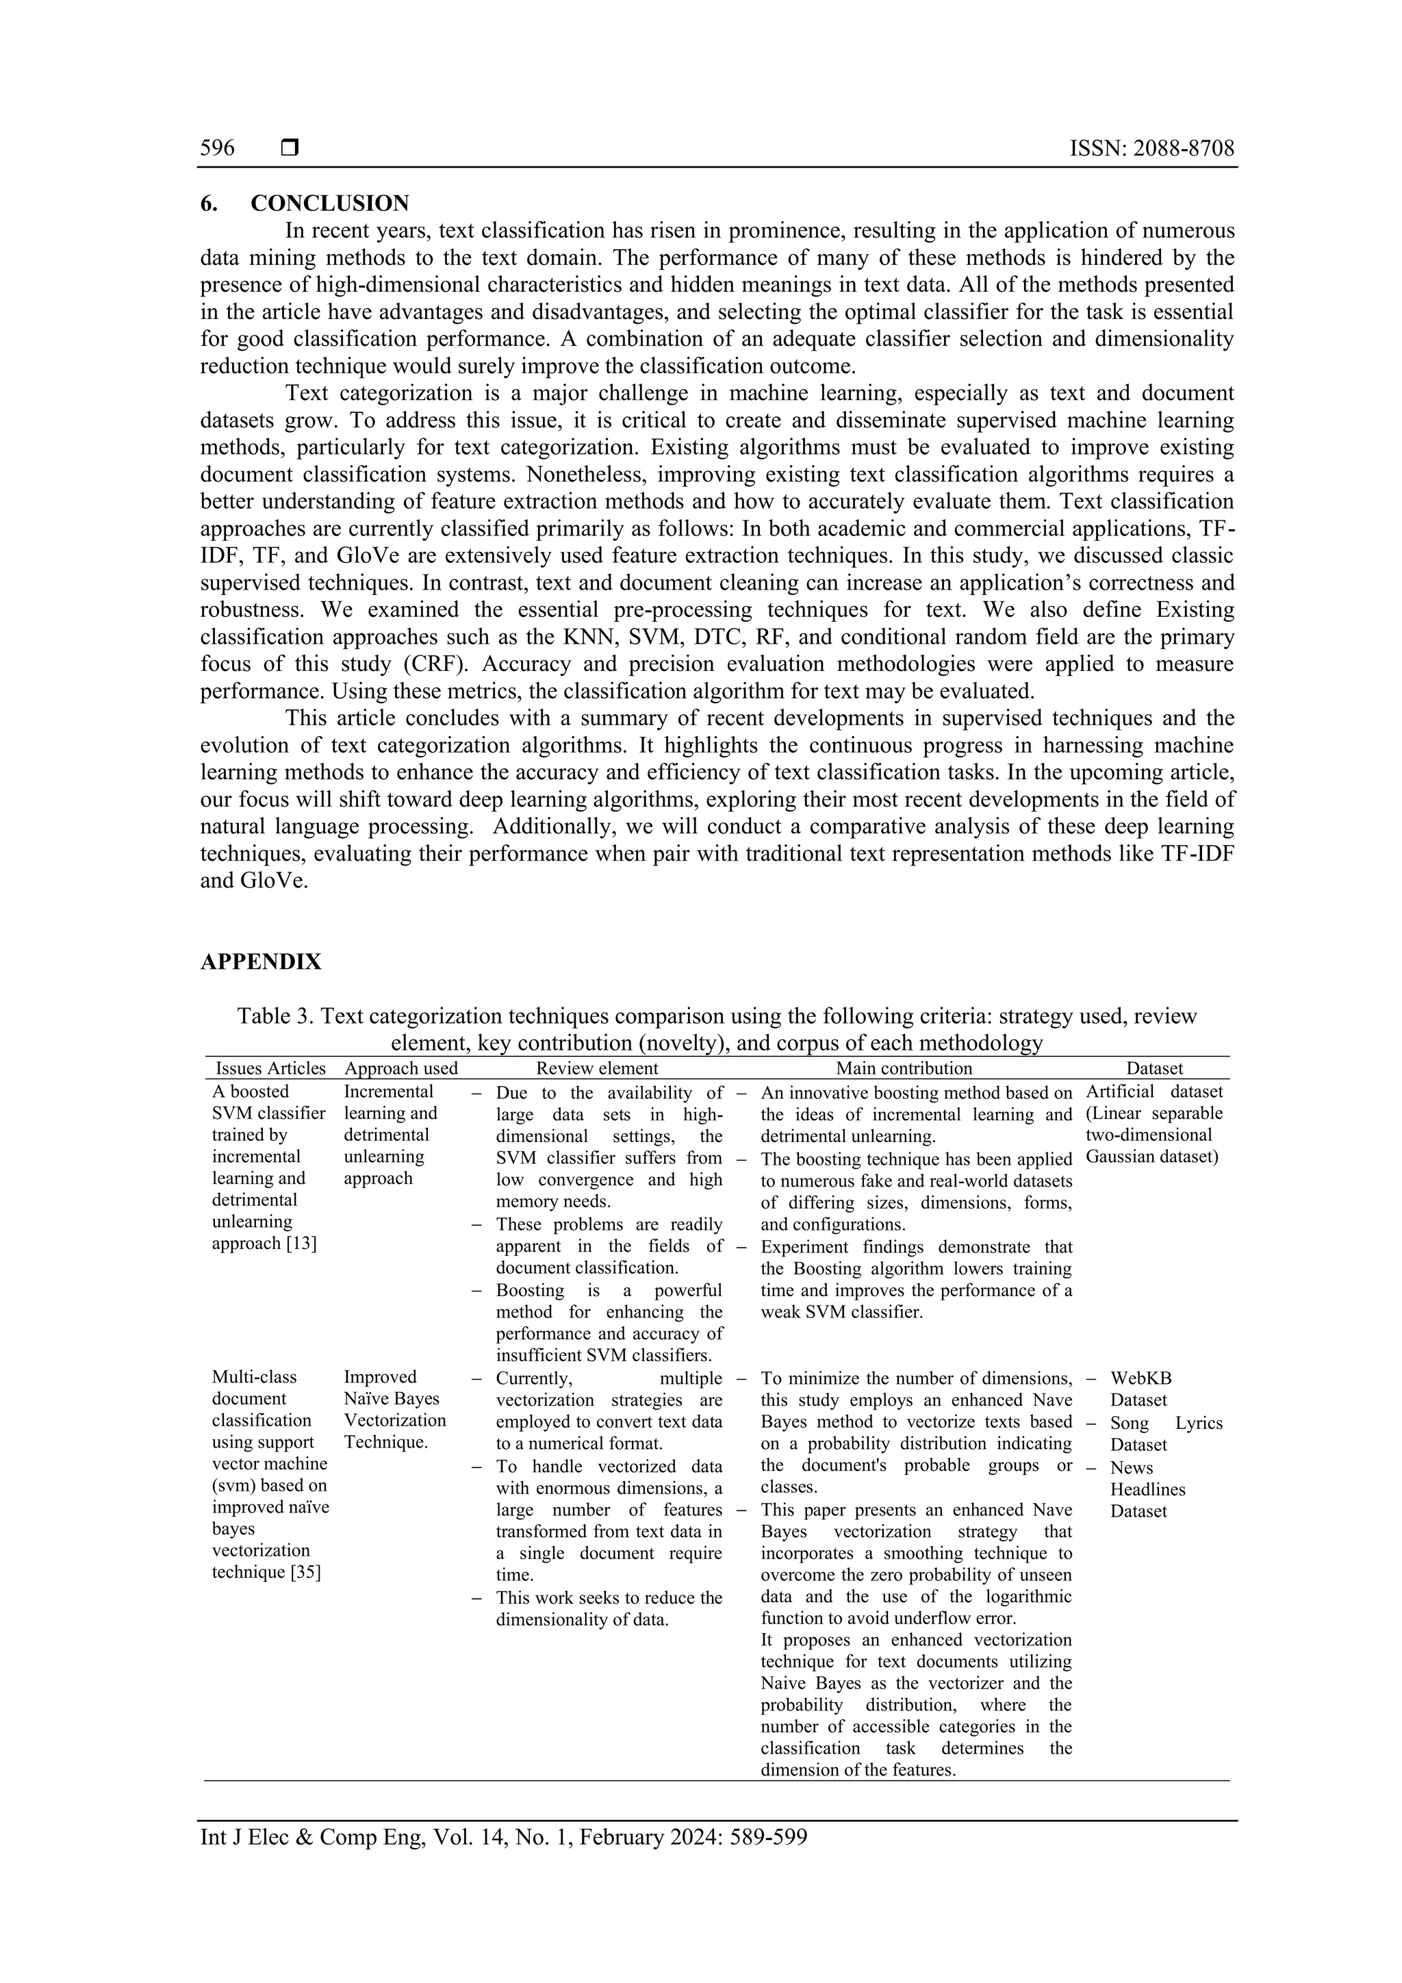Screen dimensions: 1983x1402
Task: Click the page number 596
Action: point(218,149)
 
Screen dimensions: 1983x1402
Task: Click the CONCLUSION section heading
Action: point(330,204)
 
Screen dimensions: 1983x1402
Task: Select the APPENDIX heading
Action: point(261,962)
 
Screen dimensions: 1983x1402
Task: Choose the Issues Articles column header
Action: point(270,1068)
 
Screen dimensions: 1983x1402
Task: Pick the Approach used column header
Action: point(400,1068)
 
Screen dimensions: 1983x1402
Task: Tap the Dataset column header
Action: point(1154,1068)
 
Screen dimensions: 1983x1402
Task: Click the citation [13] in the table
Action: point(301,1243)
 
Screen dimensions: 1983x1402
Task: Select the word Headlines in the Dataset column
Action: point(1147,1489)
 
